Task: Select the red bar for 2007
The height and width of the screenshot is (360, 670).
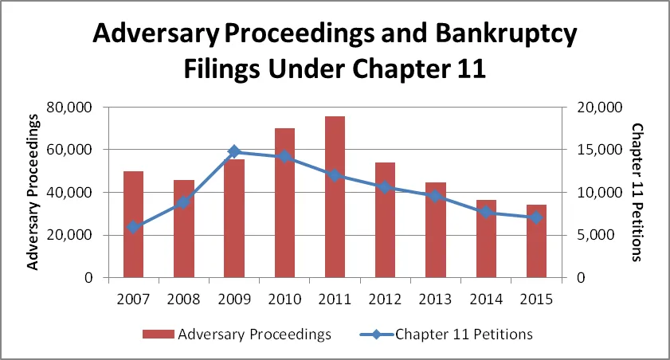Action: tap(133, 224)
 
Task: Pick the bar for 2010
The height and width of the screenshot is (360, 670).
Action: tap(284, 202)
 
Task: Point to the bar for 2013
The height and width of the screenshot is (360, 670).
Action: tap(435, 229)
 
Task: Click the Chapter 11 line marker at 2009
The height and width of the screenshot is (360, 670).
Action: tap(234, 151)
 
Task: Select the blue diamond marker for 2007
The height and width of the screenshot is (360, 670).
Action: tap(133, 227)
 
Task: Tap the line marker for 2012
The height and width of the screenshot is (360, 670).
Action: tap(385, 187)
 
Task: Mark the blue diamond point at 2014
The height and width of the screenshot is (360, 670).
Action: tap(486, 212)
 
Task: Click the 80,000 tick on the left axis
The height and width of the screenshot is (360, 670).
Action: tap(76, 107)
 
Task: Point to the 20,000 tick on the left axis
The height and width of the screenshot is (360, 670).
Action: tap(76, 235)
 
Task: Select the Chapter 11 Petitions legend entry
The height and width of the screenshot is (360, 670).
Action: tap(451, 335)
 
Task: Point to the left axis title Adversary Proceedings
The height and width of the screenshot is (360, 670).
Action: tap(33, 192)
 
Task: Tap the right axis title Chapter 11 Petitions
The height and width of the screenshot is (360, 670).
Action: tap(637, 192)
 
